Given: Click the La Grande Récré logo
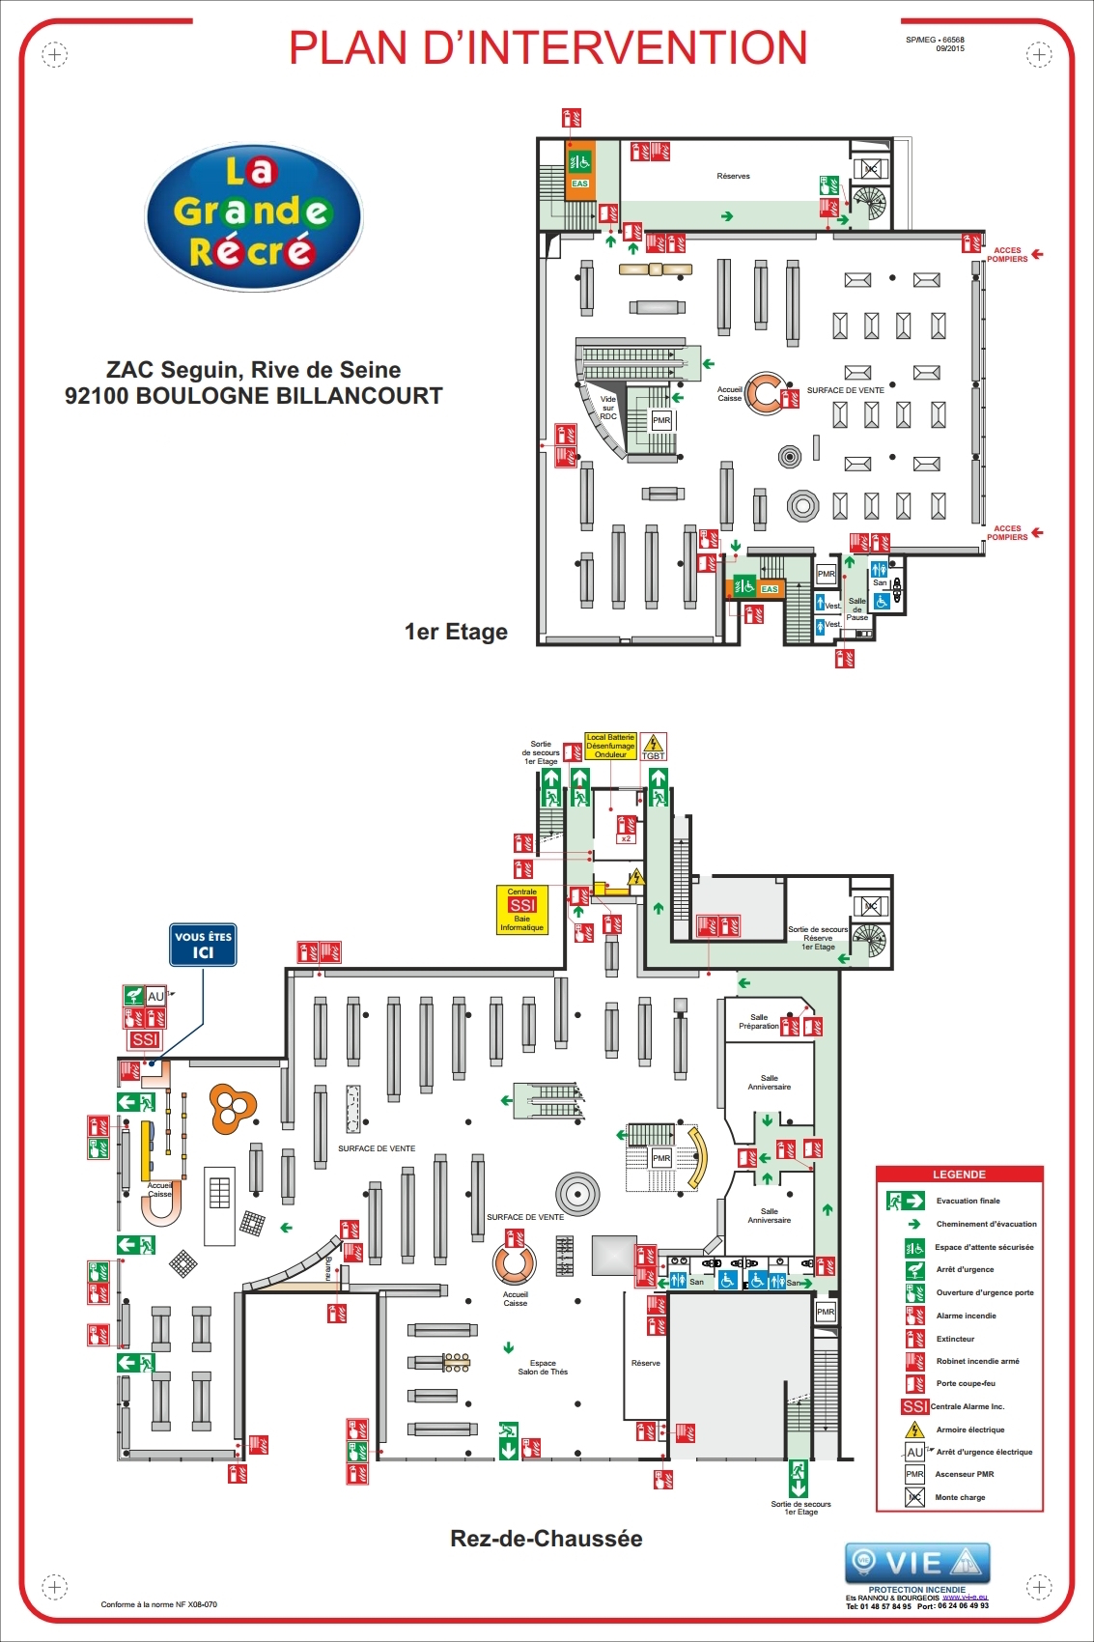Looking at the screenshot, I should [x=254, y=217].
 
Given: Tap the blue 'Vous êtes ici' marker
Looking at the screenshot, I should [x=203, y=945].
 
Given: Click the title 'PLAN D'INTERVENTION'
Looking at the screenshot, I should [x=547, y=48].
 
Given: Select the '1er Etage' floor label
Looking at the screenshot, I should [x=456, y=632].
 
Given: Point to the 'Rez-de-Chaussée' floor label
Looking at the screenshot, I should [x=546, y=1538].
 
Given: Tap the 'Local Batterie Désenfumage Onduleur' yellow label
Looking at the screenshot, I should [x=610, y=746].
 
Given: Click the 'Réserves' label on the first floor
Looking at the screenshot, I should [x=733, y=176].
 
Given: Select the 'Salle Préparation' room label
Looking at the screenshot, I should [x=759, y=1021].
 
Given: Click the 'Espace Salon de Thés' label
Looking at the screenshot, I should [x=543, y=1367].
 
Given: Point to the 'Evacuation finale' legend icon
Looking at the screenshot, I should [x=906, y=1201].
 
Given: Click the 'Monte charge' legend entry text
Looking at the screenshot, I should [x=960, y=1497].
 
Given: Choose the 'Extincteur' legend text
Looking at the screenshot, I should [x=955, y=1339].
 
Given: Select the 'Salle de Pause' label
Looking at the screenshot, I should [x=857, y=609].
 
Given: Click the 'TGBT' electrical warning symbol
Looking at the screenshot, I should [x=654, y=746].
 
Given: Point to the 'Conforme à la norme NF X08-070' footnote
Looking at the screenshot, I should [x=159, y=1604].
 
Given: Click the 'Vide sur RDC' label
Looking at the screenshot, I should [x=608, y=407].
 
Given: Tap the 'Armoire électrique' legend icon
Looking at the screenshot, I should [x=914, y=1430].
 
